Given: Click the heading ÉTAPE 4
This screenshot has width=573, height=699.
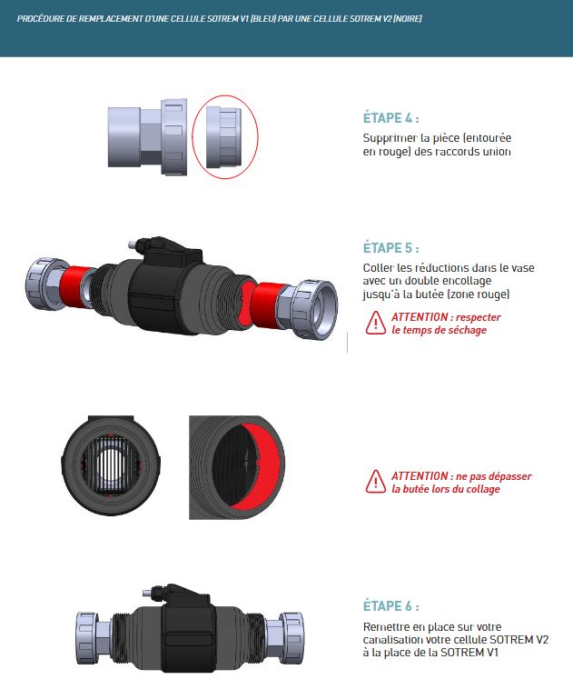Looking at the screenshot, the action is click(x=390, y=118).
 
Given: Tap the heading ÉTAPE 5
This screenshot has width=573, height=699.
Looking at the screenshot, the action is click(x=390, y=248).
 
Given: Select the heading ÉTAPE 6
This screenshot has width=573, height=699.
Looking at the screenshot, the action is click(x=390, y=605).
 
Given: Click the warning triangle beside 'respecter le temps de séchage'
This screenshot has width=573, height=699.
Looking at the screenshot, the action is click(x=376, y=324).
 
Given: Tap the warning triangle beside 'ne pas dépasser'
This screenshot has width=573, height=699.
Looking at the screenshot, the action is click(x=376, y=483).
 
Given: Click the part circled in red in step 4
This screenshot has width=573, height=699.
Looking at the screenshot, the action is click(x=223, y=136).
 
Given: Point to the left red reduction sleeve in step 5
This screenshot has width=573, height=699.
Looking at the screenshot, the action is click(x=74, y=286).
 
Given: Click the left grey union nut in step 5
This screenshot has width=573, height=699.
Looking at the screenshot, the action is click(x=42, y=283).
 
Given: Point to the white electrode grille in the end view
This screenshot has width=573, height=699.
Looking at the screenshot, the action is click(x=110, y=464).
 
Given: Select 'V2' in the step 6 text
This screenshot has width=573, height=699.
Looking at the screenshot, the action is click(x=541, y=639).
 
